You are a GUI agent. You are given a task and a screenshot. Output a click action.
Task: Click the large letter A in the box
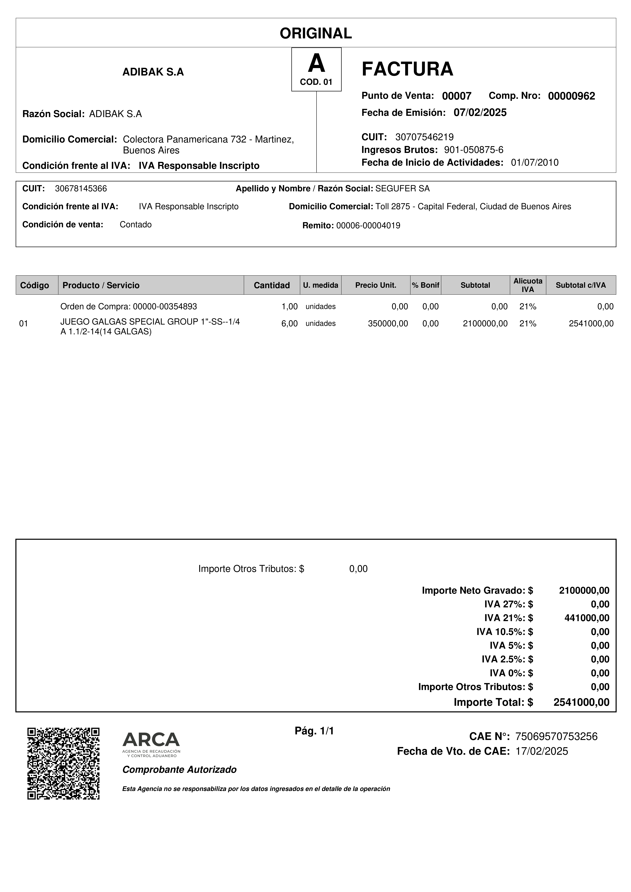pos(316,64)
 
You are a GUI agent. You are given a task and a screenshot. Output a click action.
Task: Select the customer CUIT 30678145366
pos(81,189)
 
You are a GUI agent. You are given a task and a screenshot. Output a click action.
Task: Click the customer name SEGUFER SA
pos(402,189)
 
